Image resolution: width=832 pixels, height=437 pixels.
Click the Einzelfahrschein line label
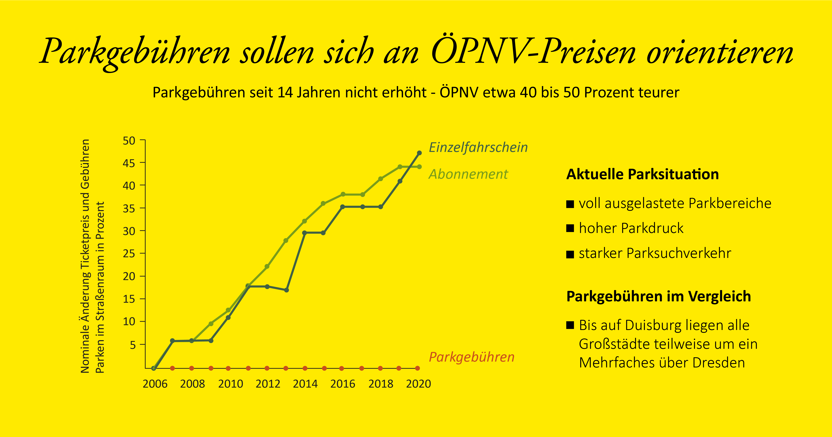tap(478, 148)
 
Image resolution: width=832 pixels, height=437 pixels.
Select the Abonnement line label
tap(468, 174)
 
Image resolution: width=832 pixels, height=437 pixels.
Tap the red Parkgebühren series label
tap(471, 357)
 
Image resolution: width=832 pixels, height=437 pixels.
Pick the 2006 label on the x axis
tap(155, 384)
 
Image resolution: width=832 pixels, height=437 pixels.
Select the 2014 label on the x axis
tap(305, 384)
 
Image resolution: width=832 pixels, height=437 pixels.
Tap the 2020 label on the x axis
tap(418, 384)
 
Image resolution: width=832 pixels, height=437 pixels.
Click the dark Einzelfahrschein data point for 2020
tap(419, 153)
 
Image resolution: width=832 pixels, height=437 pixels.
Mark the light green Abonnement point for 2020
tap(419, 167)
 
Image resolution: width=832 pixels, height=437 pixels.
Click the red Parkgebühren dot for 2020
tap(417, 368)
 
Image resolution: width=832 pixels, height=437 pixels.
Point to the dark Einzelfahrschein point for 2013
tap(286, 290)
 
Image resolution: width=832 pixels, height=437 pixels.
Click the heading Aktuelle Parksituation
tap(642, 174)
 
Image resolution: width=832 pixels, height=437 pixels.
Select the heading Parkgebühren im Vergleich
tap(659, 297)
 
